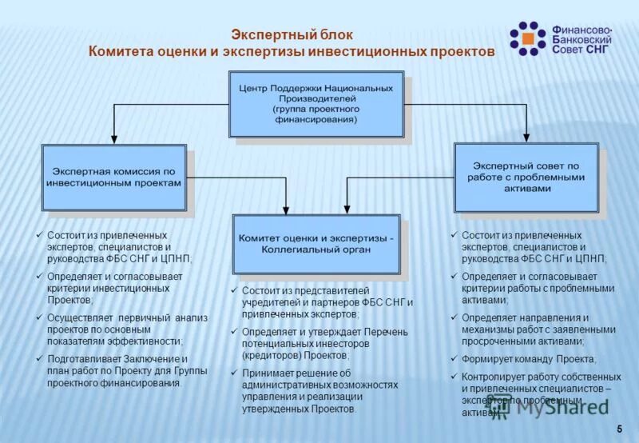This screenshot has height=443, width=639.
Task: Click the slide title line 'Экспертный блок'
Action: pos(291,34)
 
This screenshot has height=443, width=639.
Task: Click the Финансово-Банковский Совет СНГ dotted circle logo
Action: pos(527,38)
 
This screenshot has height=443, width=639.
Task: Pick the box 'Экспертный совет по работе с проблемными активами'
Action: pos(526,177)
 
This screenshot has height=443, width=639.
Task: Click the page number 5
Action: pos(619,430)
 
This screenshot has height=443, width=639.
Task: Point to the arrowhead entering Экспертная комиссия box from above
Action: pos(113,139)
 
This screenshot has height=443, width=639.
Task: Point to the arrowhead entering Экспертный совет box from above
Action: pos(526,138)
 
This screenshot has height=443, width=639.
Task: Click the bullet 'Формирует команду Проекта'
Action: pos(528,359)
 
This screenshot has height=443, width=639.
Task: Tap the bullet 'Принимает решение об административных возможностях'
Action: pos(319,390)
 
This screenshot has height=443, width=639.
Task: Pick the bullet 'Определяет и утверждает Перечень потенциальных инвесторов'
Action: pos(324,343)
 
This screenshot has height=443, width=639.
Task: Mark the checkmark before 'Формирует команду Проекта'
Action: pos(453,359)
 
